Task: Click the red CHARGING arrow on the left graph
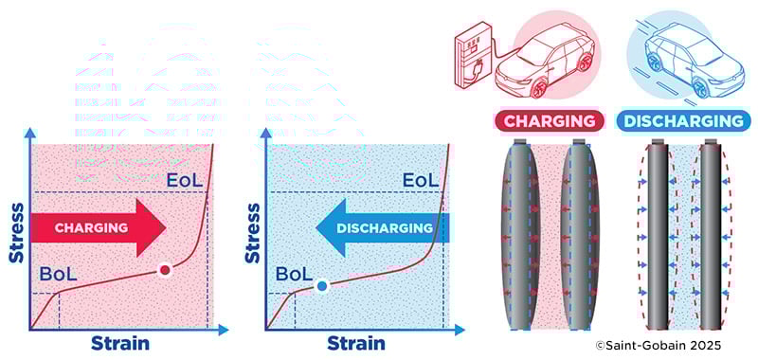[95, 228]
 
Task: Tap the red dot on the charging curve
[165, 271]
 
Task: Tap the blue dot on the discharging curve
[322, 284]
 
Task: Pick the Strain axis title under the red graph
[120, 343]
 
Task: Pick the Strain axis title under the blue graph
[356, 343]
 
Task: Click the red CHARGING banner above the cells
[550, 121]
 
